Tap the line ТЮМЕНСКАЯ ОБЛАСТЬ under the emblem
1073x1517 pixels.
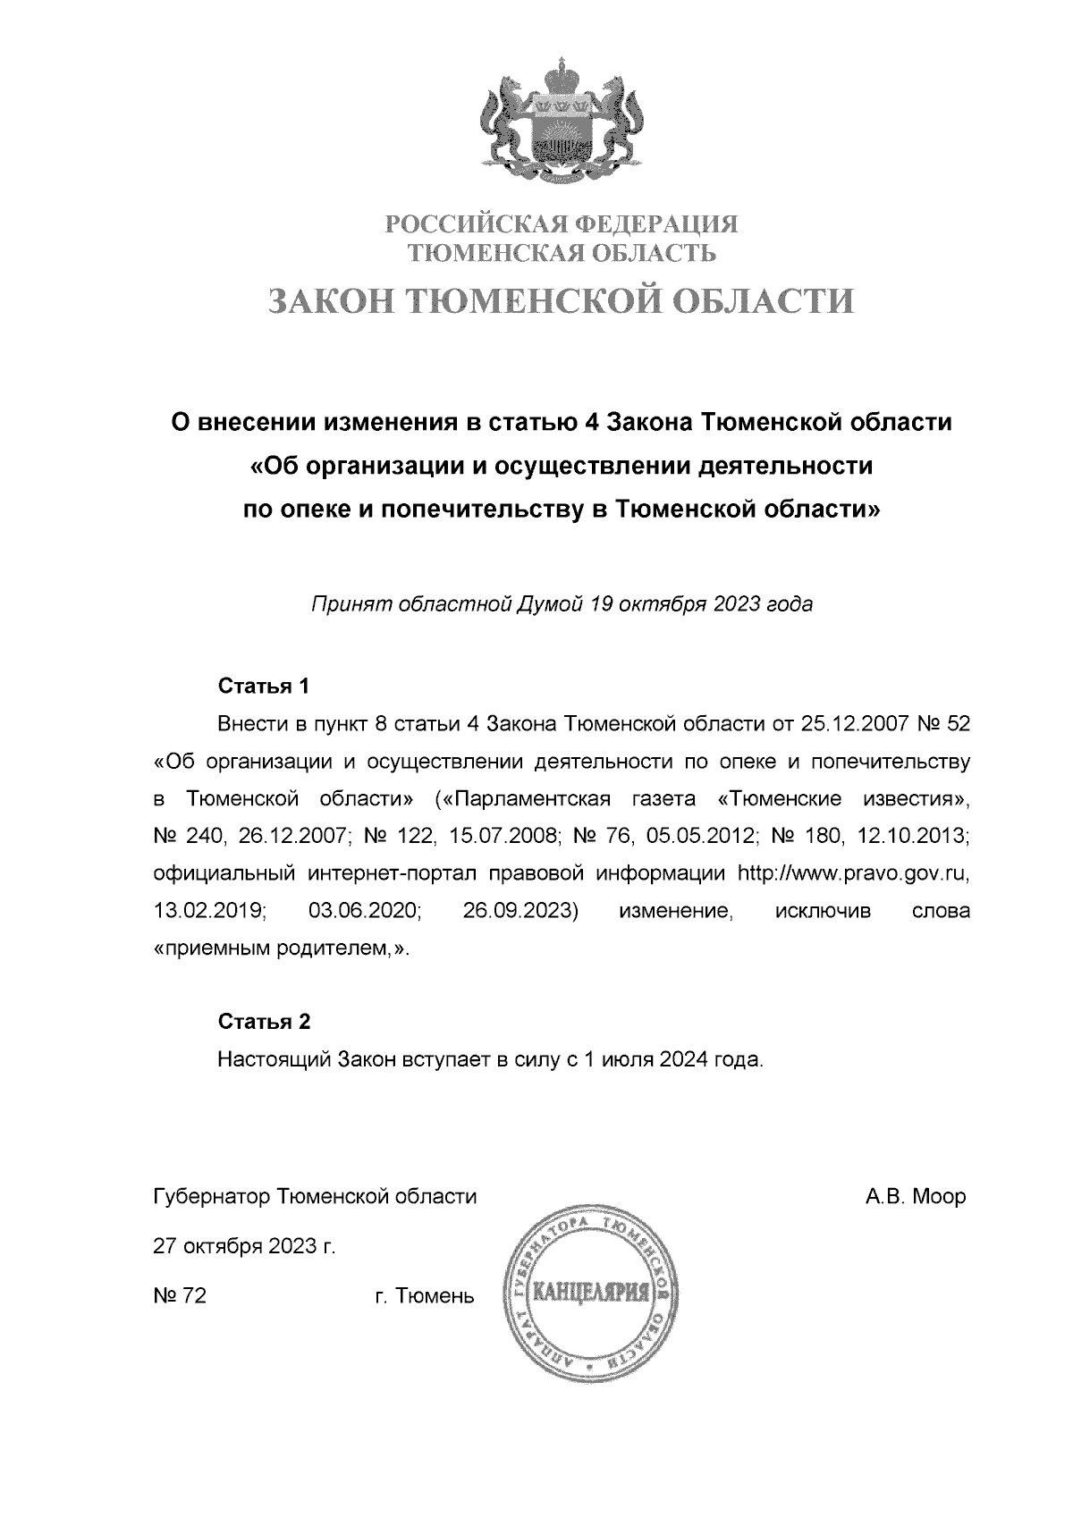tap(562, 254)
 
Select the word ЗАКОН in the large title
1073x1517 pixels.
tap(332, 301)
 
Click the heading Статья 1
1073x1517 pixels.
tap(264, 687)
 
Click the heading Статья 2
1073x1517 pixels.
tap(264, 1022)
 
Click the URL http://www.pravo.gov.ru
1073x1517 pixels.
tap(852, 873)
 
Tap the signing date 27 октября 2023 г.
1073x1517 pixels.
tap(244, 1247)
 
